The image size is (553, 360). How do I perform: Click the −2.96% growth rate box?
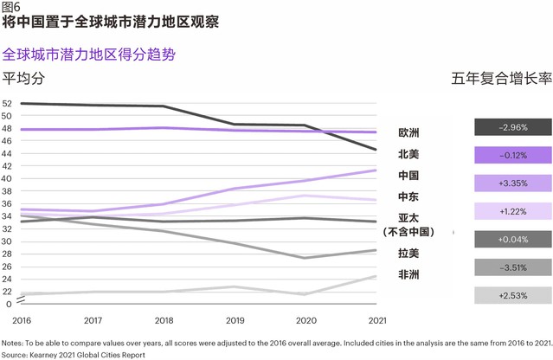513,127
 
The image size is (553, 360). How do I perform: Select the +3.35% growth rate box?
513,183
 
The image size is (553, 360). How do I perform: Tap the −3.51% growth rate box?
513,267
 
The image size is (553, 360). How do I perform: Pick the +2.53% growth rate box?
513,295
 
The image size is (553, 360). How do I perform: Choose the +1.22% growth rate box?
513,211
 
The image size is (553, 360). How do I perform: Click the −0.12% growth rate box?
513,155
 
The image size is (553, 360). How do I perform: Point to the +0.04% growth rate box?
513,239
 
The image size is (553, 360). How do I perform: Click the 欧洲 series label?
408,133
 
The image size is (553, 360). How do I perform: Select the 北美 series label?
408,154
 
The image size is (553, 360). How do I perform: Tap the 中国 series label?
408,176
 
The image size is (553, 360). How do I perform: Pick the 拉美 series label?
408,254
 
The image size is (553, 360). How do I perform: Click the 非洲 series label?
408,274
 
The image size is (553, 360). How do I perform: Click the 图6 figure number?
11,7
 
